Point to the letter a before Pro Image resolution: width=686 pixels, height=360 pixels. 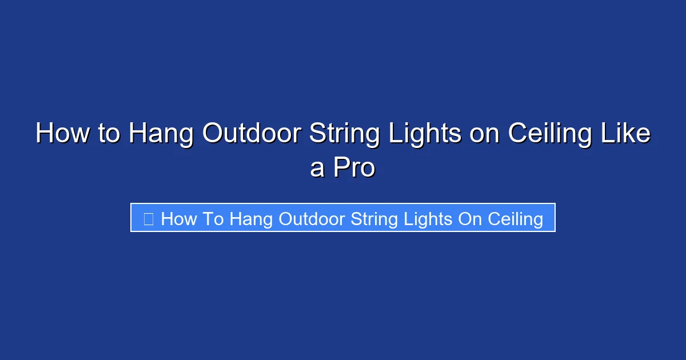317,169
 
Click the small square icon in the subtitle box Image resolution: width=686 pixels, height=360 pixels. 148,219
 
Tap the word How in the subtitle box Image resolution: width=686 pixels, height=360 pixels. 179,219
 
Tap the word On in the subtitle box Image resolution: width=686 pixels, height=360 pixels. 470,219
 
